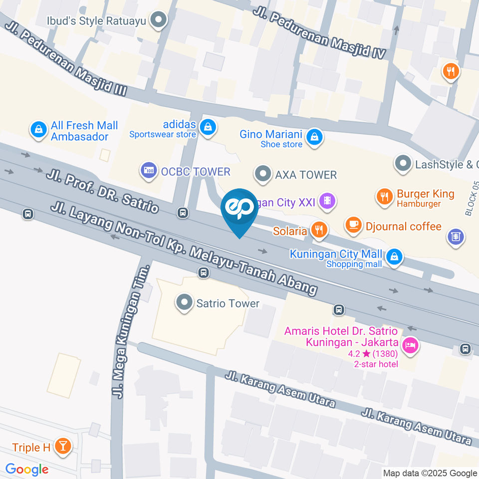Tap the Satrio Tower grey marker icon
pos(185,302)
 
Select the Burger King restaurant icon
pos(384,197)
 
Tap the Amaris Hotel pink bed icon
pos(410,344)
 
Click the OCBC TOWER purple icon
pos(148,171)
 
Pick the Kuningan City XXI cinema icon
pos(327,202)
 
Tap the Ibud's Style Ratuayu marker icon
pos(159,20)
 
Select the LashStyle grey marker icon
pos(402,163)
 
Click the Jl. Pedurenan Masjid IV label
pos(320,33)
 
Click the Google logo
pos(27,469)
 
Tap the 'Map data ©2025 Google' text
pos(430,473)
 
